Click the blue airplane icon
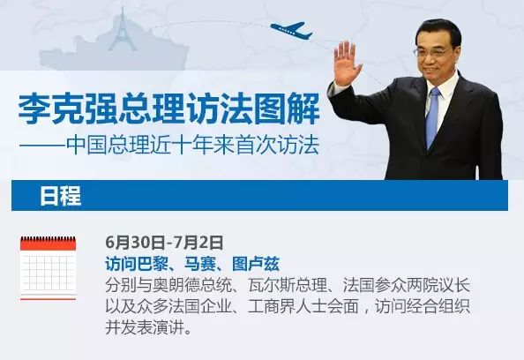292,30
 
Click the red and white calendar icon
49,267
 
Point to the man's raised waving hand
347,64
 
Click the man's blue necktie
432,117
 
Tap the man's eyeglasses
431,52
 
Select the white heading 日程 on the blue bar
61,196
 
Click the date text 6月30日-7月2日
164,243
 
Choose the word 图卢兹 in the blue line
256,264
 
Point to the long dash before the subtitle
42,146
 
